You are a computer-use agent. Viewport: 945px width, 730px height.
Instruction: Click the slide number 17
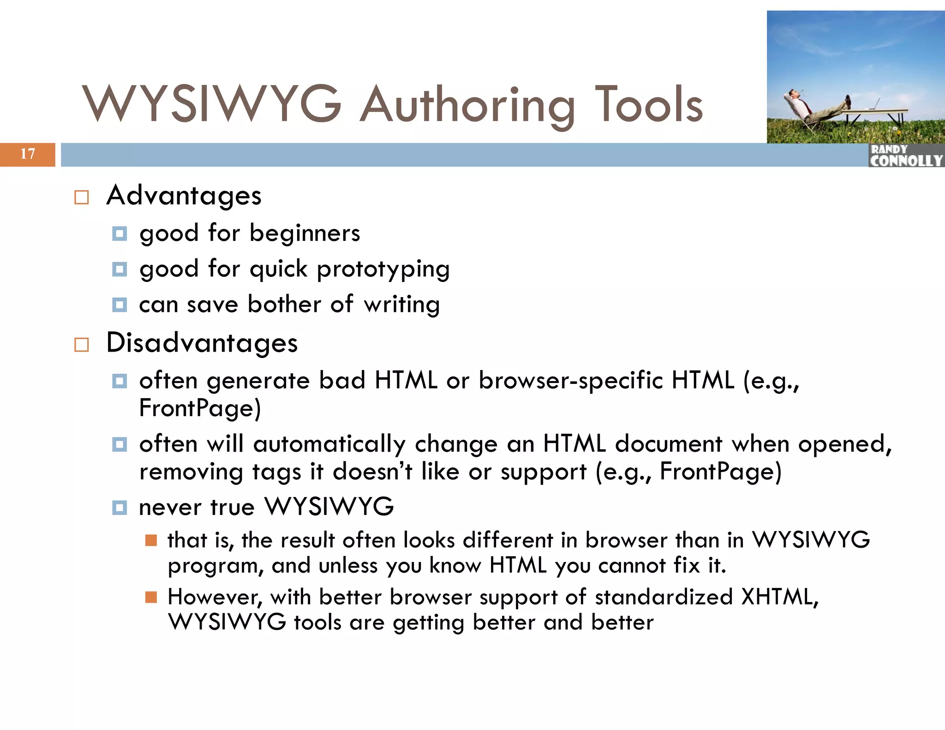point(28,154)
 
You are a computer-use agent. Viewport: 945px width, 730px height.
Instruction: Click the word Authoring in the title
point(467,105)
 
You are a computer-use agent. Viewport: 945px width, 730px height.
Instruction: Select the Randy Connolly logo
point(906,156)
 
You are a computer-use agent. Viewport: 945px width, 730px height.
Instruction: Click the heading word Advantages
point(184,196)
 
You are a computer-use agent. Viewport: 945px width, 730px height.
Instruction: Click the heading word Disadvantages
point(202,343)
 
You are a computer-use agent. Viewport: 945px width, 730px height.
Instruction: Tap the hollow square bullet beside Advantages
point(82,197)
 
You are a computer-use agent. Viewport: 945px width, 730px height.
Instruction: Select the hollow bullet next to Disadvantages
point(82,345)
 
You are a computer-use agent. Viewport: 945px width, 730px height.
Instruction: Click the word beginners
point(305,233)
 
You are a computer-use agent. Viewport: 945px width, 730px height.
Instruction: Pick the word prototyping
point(383,269)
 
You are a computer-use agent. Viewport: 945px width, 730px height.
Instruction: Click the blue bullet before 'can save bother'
point(120,305)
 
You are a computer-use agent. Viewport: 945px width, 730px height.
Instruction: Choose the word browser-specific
point(571,381)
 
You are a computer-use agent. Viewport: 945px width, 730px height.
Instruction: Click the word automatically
point(329,445)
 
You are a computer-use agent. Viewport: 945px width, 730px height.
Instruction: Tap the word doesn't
point(372,472)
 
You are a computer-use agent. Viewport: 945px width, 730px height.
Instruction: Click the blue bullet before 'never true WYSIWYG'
point(120,508)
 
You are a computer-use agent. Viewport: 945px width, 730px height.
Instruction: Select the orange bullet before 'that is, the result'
point(151,540)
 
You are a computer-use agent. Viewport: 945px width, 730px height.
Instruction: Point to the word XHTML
point(779,597)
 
